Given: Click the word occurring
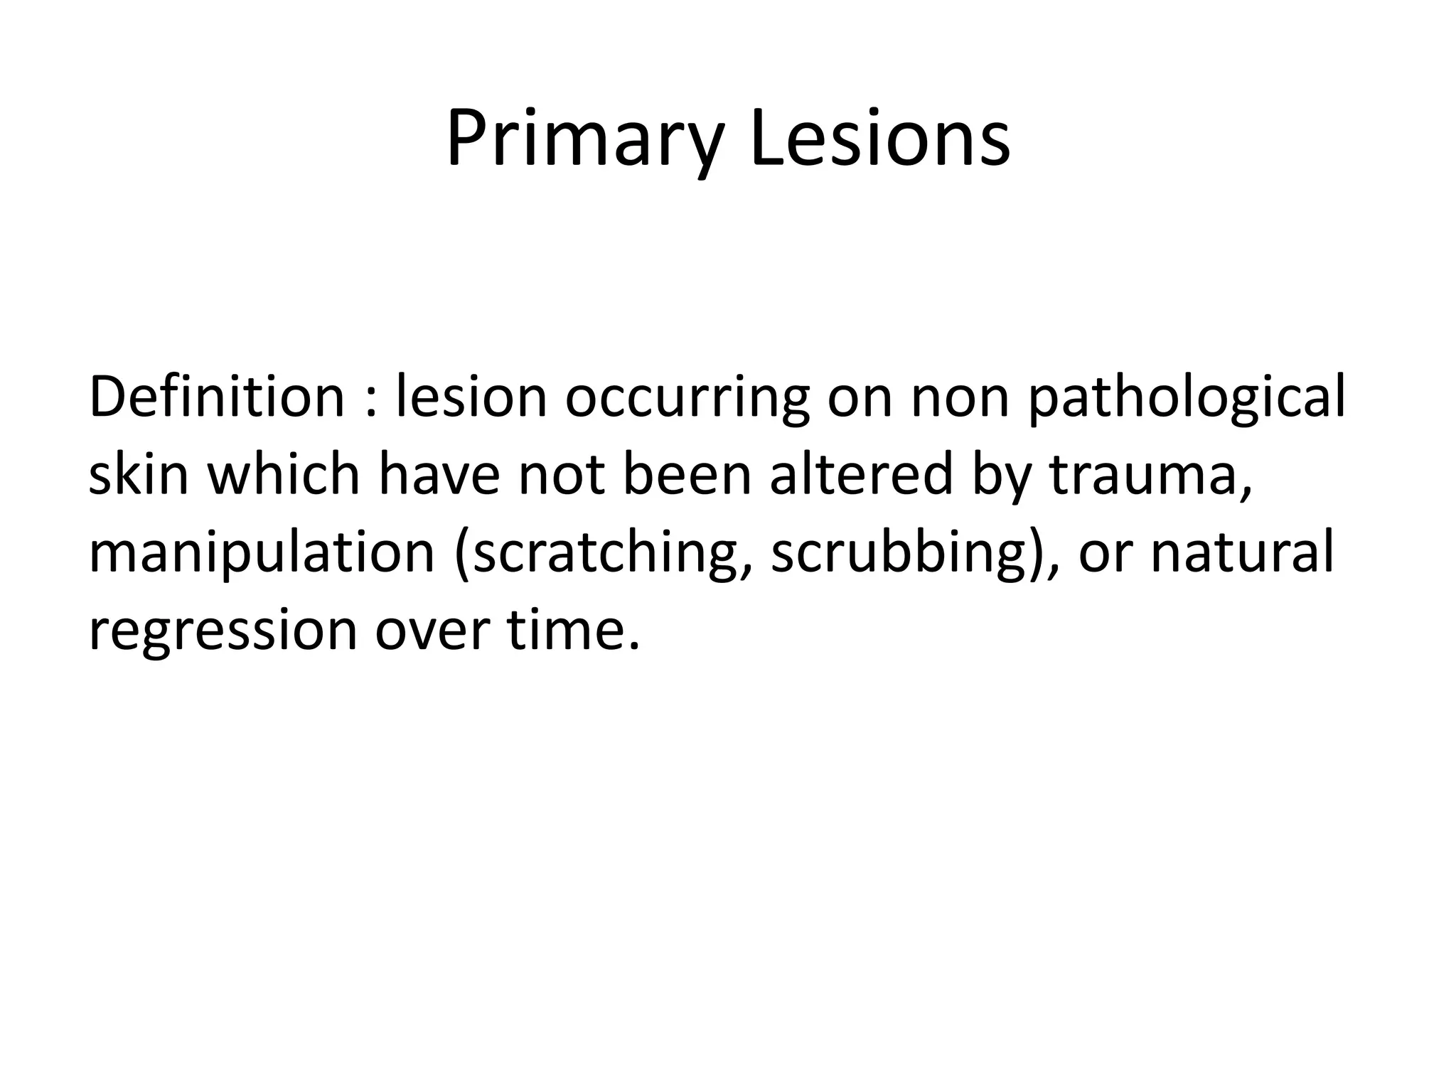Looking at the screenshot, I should (x=687, y=398).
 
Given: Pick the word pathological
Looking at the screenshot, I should (x=1187, y=398).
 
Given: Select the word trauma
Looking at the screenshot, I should (x=1148, y=476).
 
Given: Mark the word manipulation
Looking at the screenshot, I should (x=261, y=554).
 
